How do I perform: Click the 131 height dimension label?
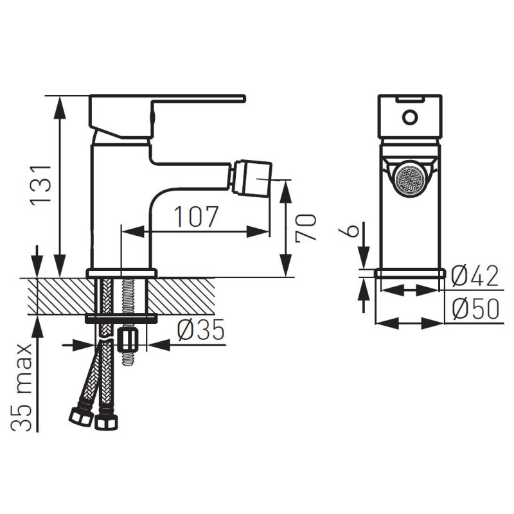[41, 186]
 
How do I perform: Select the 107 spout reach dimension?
[196, 217]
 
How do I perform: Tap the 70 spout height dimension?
[306, 228]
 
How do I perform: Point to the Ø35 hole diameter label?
[200, 329]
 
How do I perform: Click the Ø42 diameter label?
[475, 276]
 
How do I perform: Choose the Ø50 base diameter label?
[475, 309]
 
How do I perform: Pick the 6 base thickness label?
[349, 230]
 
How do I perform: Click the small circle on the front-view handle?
[410, 118]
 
